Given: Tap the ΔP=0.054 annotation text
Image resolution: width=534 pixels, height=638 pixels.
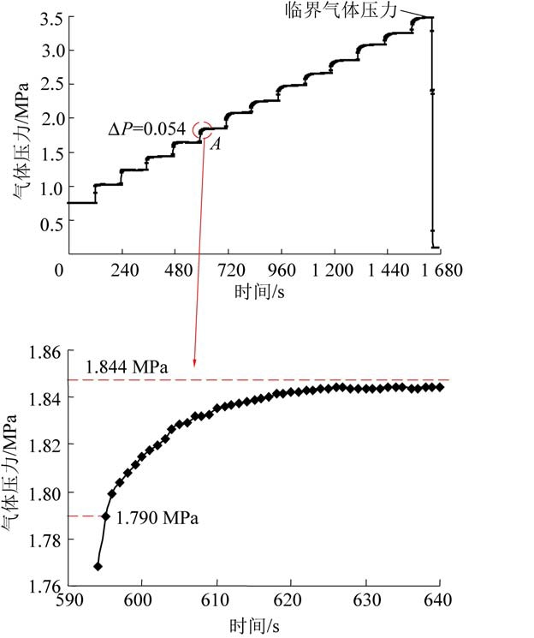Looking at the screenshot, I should point(146,128).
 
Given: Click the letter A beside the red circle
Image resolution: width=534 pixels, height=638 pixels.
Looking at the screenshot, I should point(216,144).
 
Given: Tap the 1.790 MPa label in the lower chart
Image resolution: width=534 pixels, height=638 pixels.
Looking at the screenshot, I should point(157,519).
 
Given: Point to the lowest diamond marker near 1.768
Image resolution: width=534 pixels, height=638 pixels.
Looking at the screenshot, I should point(98,566).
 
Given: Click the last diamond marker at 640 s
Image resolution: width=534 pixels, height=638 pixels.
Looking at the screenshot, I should point(441,387).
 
